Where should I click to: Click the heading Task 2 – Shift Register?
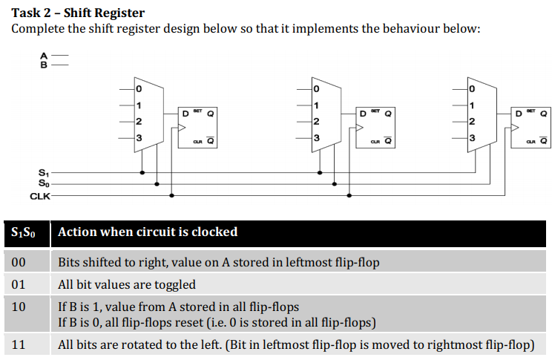(78, 13)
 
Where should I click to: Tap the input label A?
(42, 56)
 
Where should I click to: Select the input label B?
(42, 65)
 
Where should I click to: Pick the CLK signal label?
(39, 196)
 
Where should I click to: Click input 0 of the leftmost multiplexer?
(138, 89)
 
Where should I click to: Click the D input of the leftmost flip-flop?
(185, 114)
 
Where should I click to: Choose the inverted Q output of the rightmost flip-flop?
(544, 140)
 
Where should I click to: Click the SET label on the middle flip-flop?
(375, 111)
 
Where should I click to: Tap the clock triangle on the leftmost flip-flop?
(183, 128)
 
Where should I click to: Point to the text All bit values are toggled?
(127, 284)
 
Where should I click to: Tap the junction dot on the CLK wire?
(171, 196)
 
